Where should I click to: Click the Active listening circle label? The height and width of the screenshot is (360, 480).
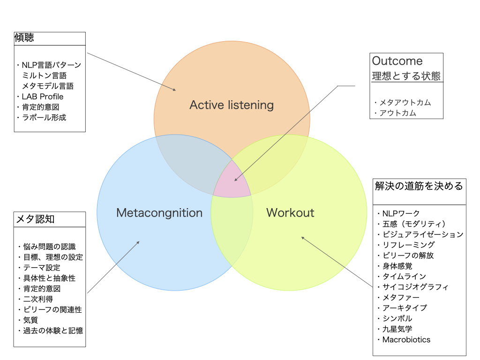click(x=232, y=105)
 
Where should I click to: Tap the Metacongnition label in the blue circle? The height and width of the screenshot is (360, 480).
click(x=159, y=213)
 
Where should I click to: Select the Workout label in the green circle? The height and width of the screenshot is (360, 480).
click(x=290, y=213)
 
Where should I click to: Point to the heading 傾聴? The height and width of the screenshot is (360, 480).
click(x=24, y=38)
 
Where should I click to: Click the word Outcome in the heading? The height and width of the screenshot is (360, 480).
click(x=397, y=61)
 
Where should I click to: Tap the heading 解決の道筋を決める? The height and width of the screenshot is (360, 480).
click(x=419, y=186)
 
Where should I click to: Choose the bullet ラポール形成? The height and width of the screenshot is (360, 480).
click(x=44, y=118)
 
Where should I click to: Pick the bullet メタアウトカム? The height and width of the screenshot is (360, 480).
click(x=405, y=103)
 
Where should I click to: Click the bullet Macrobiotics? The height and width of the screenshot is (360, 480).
click(x=406, y=340)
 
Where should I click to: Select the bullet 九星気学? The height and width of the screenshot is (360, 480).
click(x=397, y=329)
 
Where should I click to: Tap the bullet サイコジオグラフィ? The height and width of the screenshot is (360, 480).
click(x=415, y=287)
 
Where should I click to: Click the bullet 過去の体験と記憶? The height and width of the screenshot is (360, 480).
click(x=53, y=330)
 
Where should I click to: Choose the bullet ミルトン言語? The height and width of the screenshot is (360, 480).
click(x=44, y=75)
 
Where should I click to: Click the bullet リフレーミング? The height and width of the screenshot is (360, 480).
click(x=408, y=245)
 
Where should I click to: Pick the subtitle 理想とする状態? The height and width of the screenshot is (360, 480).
click(x=406, y=75)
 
